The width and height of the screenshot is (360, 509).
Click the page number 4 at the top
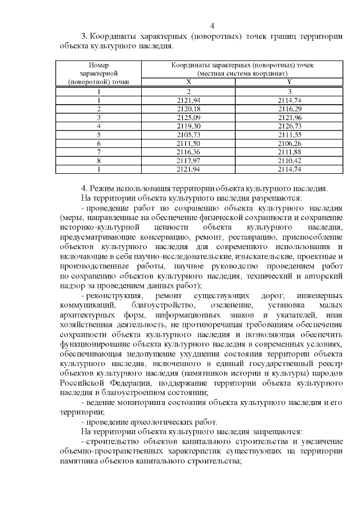[x=212, y=25]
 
